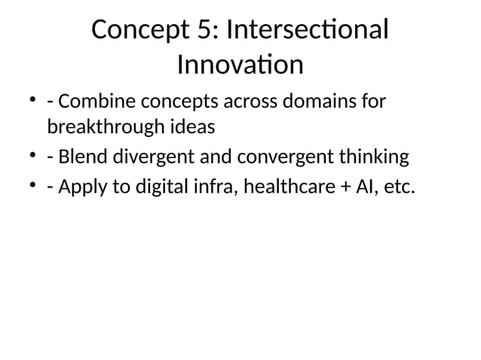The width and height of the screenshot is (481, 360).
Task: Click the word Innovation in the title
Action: (240, 66)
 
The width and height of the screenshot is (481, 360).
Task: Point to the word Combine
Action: (97, 101)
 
